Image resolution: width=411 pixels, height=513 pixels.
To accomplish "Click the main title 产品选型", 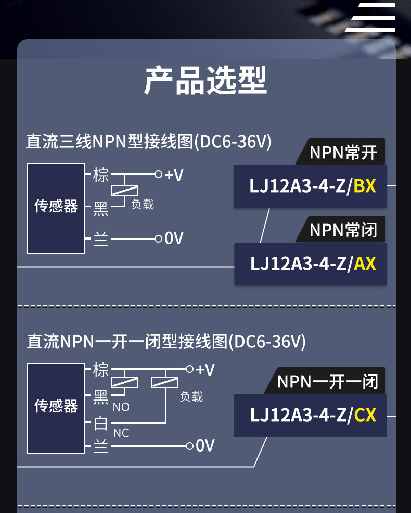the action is pos(205,80).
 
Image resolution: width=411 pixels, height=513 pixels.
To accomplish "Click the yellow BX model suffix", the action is pos(365,186).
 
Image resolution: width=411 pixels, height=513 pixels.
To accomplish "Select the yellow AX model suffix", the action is pos(365,264).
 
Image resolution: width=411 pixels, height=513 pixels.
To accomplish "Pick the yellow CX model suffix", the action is pos(365,415).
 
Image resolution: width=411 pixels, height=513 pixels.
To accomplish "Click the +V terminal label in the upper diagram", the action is pos(174,175).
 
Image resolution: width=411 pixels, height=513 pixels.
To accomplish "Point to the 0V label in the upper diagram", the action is pos(174,238).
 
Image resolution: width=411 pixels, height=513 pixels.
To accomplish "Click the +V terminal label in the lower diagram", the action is pos(205,370).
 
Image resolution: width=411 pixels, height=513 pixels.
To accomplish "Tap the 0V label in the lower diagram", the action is pos(205,445).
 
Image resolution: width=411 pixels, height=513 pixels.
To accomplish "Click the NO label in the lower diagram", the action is pos(121,407).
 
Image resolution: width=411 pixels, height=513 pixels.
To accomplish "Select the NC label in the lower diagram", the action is pos(121,433).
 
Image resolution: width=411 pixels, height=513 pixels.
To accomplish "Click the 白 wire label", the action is pos(100,423).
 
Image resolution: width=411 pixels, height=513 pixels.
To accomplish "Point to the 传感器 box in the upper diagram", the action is pos(56,208).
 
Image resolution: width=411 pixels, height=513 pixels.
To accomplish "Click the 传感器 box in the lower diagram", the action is pos(56,408).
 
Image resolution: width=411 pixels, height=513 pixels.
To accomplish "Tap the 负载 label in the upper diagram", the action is pos(142,205).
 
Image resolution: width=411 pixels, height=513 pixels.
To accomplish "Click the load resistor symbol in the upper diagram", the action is pos(124,191).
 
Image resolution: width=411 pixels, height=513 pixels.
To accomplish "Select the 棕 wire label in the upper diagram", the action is pos(100,175).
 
